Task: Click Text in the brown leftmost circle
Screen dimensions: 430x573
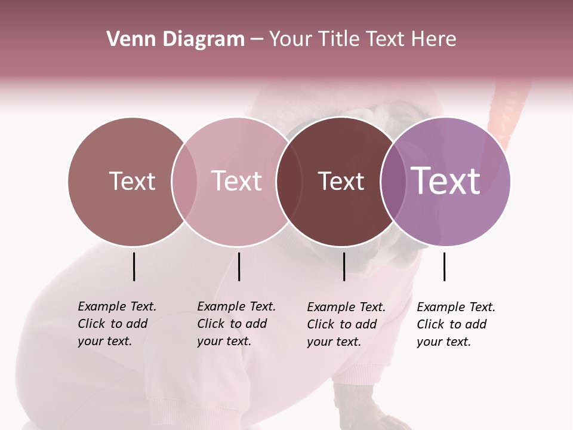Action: (132, 181)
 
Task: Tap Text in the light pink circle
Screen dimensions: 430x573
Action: (236, 181)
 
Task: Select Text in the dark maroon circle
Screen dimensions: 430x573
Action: (341, 181)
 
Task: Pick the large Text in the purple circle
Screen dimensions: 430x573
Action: (446, 180)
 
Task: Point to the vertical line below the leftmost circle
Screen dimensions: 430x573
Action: (134, 266)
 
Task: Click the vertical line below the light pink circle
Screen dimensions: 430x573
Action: (239, 266)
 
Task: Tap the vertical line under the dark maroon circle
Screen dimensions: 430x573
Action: (344, 266)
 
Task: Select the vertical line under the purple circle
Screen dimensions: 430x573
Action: (444, 266)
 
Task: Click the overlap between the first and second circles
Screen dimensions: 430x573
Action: (184, 181)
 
